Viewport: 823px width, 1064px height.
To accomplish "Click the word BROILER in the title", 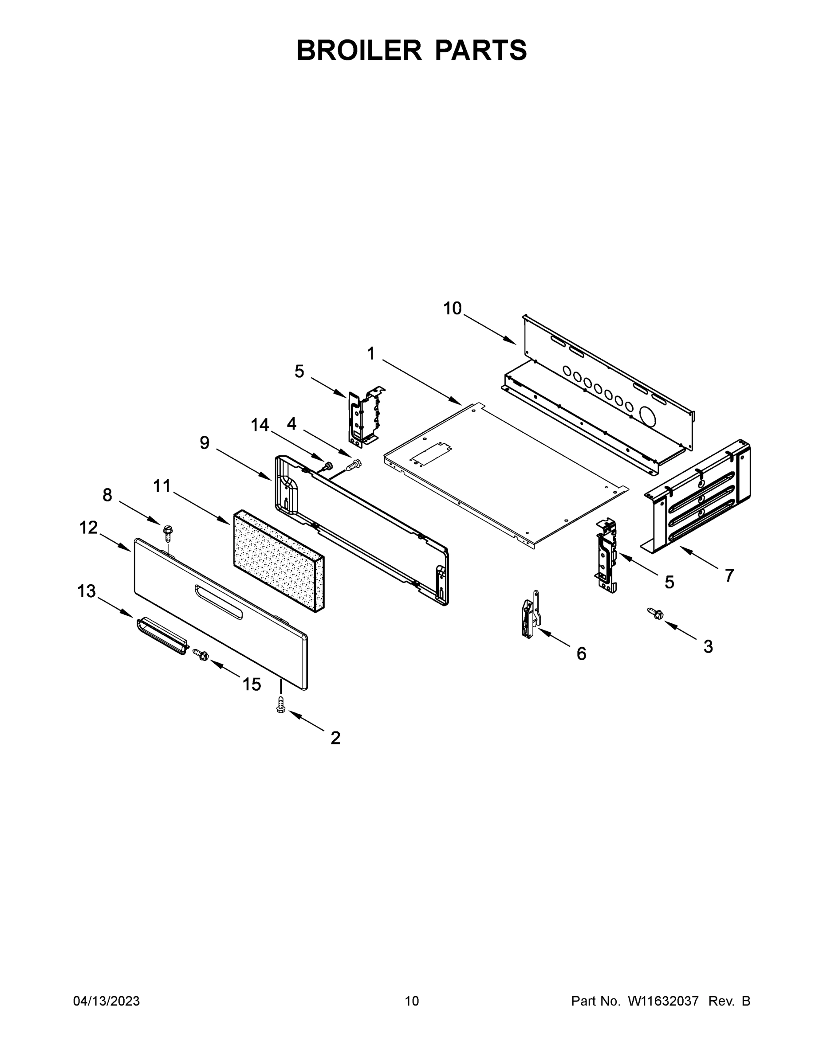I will pos(359,50).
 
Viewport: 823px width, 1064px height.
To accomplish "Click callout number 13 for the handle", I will pos(87,591).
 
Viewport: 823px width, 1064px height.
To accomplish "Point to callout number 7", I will pos(729,575).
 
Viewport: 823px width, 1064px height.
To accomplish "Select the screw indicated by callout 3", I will pos(654,614).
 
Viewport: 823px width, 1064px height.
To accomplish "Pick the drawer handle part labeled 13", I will pos(161,636).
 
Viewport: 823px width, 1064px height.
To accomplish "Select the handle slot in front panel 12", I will pos(218,602).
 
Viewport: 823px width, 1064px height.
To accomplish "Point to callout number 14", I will pos(260,425).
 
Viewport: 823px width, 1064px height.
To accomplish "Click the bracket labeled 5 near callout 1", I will pos(363,418).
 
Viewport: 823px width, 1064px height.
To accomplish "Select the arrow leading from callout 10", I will pos(489,329).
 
